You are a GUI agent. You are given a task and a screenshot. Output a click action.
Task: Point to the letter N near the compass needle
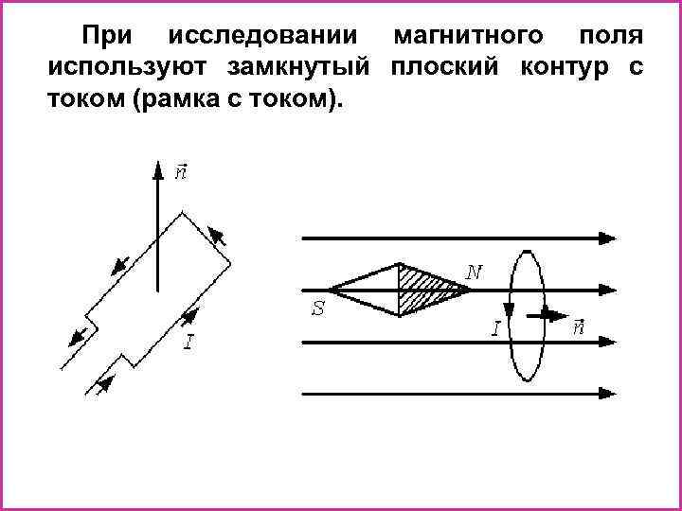pyautogui.click(x=475, y=273)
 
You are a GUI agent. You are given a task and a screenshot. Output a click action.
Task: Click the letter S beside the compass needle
pyautogui.click(x=319, y=308)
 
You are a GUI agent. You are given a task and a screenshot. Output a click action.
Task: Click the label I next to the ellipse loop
pyautogui.click(x=495, y=327)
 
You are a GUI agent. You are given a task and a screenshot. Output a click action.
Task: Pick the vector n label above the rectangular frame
pyautogui.click(x=181, y=173)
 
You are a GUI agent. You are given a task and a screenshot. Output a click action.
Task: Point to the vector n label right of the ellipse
pyautogui.click(x=579, y=327)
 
